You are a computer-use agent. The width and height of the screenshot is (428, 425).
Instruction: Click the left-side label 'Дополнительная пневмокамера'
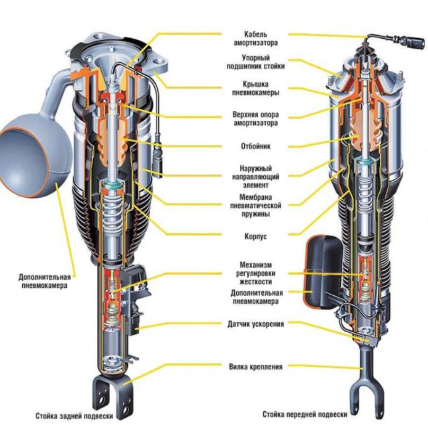coord(44,281)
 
